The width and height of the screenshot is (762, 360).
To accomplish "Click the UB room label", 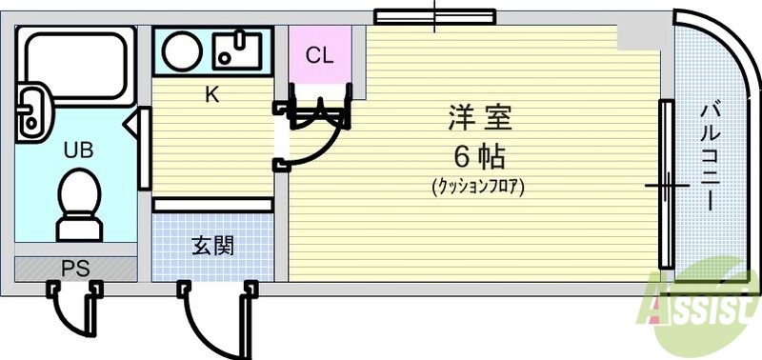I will tap(78, 150).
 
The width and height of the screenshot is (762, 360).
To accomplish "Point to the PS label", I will tap(75, 269).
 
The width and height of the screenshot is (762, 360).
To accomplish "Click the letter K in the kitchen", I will tap(211, 94).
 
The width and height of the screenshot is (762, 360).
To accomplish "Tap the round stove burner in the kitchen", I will tap(180, 50).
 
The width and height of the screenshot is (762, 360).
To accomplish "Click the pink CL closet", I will tap(319, 55).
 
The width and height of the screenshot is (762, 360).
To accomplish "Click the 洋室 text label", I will tap(480, 119).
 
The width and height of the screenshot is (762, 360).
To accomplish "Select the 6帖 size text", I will tap(478, 154).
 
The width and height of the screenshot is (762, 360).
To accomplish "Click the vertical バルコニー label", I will tap(710, 157).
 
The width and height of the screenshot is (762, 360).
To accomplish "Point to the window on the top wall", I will tap(433, 16).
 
